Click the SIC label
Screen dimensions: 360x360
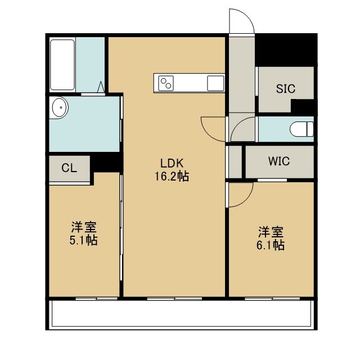pos(286,89)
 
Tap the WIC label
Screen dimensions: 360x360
pos(279,161)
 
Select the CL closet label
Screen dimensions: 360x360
pos(69,168)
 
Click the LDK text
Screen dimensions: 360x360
pos(172,164)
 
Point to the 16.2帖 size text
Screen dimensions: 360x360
pos(172,177)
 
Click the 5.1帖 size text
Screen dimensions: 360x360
pos(84,240)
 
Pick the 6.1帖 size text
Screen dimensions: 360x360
pos(271,245)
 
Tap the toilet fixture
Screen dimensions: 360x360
pos(301,129)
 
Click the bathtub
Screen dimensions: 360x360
pos(62,65)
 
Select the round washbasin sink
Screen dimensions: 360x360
pos(60,107)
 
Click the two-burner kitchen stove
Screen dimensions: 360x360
pos(166,83)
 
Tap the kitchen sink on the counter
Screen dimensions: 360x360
pos(215,83)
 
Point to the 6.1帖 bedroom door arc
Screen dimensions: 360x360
pos(246,200)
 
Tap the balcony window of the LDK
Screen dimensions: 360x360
pos(174,299)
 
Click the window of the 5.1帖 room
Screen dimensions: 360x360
pos(96,299)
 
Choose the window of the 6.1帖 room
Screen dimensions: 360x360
pos(272,299)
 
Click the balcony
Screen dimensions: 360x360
pos(181,314)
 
